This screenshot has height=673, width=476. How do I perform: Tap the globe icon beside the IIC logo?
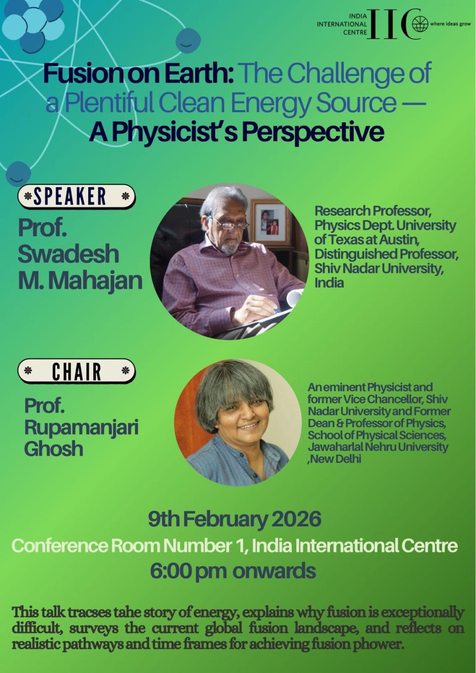pyautogui.click(x=420, y=25)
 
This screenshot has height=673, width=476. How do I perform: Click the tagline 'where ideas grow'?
pyautogui.click(x=450, y=24)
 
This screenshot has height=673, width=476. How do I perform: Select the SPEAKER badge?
pyautogui.click(x=76, y=197)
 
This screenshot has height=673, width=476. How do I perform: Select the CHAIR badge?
pyautogui.click(x=76, y=371)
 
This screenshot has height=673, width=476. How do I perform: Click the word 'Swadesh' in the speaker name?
pyautogui.click(x=68, y=254)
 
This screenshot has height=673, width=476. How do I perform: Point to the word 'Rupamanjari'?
pyautogui.click(x=81, y=428)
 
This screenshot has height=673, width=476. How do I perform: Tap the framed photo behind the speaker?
pyautogui.click(x=269, y=221)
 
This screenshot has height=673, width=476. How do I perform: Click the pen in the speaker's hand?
pyautogui.click(x=264, y=302)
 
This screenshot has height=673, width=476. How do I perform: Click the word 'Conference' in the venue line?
pyautogui.click(x=59, y=546)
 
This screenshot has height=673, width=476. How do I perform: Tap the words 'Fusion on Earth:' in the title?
pyautogui.click(x=138, y=74)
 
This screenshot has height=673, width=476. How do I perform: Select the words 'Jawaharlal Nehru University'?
pyautogui.click(x=378, y=447)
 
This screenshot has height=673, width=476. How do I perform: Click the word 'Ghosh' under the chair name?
pyautogui.click(x=54, y=448)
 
